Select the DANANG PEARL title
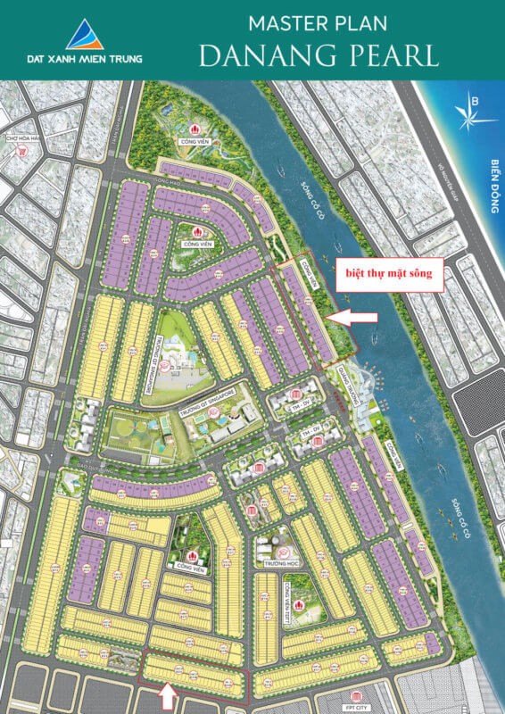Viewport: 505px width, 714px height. pyautogui.click(x=319, y=54)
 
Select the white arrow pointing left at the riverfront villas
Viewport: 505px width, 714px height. pyautogui.click(x=351, y=315)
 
